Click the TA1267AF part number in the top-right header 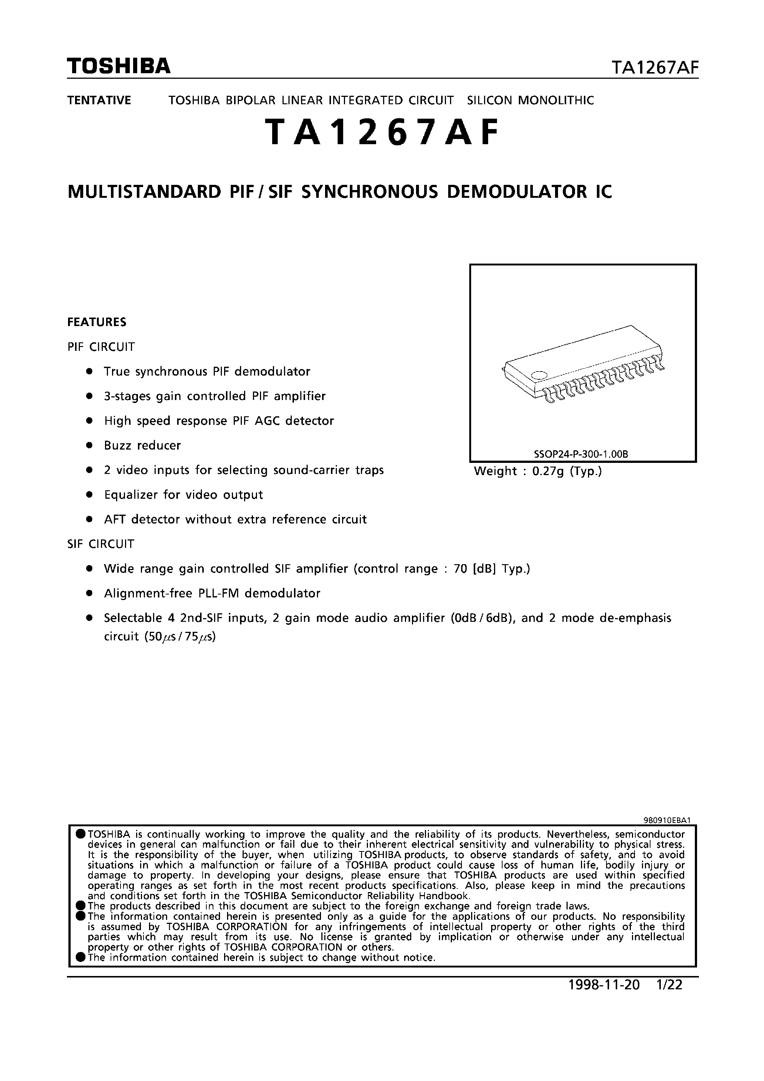coord(654,69)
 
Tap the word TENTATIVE coord(99,100)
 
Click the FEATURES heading coord(97,322)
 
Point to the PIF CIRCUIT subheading coord(101,347)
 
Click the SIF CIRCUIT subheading coord(100,544)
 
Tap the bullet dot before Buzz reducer coord(88,445)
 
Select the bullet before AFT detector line coord(88,519)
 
